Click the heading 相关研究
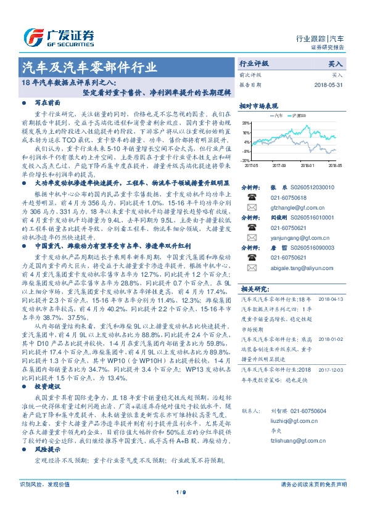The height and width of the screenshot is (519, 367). (254, 287)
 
